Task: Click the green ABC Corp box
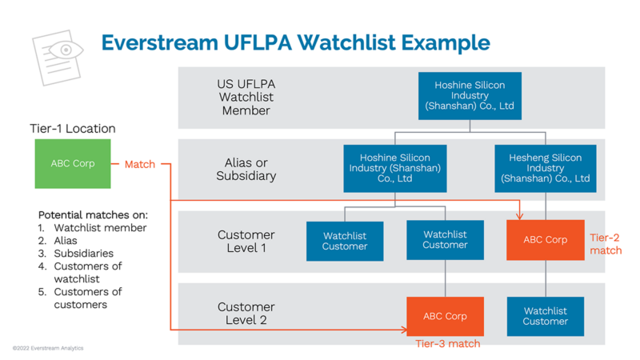click(x=73, y=164)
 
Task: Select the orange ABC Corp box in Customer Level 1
click(x=545, y=240)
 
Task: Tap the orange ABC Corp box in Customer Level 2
click(x=445, y=316)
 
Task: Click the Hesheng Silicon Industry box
click(x=545, y=169)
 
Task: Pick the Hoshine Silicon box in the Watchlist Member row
click(x=470, y=95)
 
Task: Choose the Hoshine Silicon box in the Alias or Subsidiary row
click(x=394, y=169)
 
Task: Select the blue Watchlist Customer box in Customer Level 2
click(x=545, y=316)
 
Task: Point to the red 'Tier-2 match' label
click(x=606, y=244)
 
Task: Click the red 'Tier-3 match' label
click(x=447, y=344)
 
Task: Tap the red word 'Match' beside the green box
click(x=140, y=164)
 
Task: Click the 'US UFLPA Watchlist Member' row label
click(x=246, y=97)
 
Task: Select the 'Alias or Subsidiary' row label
click(x=246, y=169)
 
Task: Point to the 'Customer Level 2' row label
click(x=246, y=314)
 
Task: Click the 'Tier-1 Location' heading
click(x=73, y=128)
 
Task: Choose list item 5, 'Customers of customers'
click(x=88, y=298)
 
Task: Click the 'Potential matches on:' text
click(x=93, y=215)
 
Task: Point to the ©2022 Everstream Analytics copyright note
click(x=48, y=348)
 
